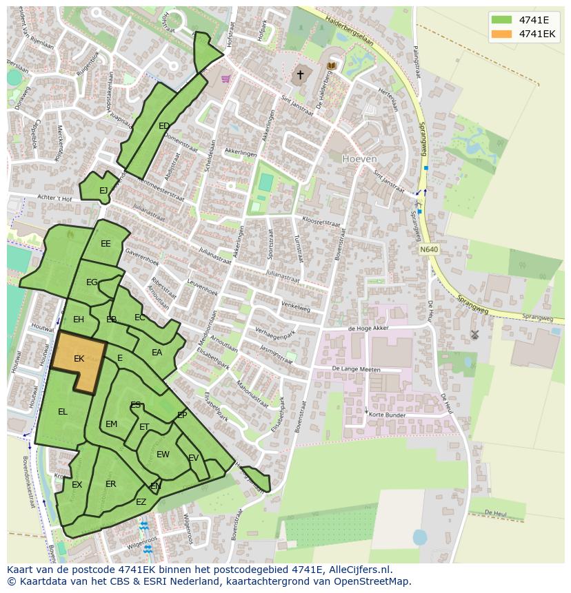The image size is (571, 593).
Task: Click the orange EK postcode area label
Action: [79, 359]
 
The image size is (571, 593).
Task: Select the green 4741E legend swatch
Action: [502, 20]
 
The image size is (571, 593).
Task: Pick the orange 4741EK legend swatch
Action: [502, 34]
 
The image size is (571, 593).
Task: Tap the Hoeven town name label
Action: [359, 158]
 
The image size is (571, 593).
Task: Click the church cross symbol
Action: [300, 74]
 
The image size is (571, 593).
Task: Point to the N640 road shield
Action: [428, 249]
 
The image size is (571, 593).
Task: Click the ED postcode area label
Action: [164, 126]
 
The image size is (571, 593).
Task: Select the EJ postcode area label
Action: [103, 191]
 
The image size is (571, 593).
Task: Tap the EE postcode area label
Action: [106, 244]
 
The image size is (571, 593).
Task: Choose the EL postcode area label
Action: [63, 412]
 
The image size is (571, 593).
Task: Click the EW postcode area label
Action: [163, 455]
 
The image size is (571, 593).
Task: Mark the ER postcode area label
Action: [111, 484]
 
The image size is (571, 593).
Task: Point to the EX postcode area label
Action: [77, 485]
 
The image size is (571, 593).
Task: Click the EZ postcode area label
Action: [141, 502]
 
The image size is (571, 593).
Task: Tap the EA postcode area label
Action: [157, 353]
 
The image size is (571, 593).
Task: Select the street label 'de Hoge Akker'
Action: [369, 329]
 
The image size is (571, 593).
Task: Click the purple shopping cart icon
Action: [226, 79]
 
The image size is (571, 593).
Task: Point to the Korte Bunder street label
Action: [387, 415]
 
